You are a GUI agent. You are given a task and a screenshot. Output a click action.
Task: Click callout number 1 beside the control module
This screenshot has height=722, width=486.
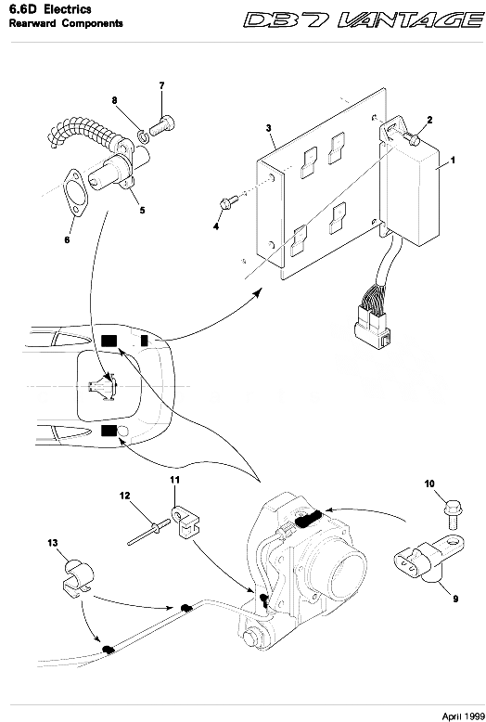pos(453,161)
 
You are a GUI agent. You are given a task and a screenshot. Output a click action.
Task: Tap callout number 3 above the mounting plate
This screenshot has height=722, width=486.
pos(269,128)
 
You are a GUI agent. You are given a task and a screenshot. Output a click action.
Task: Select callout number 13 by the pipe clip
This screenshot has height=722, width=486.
pos(53,542)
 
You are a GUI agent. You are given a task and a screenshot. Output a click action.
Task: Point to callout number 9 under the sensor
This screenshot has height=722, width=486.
pos(455,599)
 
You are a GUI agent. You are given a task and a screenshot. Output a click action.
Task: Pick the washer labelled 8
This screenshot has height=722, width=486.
pos(143,135)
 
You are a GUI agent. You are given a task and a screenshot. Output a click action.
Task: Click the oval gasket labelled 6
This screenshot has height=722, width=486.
pos(75,193)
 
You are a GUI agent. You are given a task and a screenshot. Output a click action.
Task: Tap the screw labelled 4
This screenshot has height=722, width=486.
pos(229,202)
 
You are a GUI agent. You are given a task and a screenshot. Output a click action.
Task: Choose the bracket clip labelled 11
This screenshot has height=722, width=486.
pos(185,522)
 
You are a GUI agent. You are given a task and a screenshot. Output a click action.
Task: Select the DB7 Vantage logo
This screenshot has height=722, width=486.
pos(364,20)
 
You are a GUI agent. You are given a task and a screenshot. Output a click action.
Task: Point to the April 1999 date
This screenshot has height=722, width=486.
pos(463,716)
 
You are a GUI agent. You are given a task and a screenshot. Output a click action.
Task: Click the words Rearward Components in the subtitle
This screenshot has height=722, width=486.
pos(66,23)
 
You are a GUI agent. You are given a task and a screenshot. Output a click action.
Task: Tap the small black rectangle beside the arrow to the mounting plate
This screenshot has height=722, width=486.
pos(145,341)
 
